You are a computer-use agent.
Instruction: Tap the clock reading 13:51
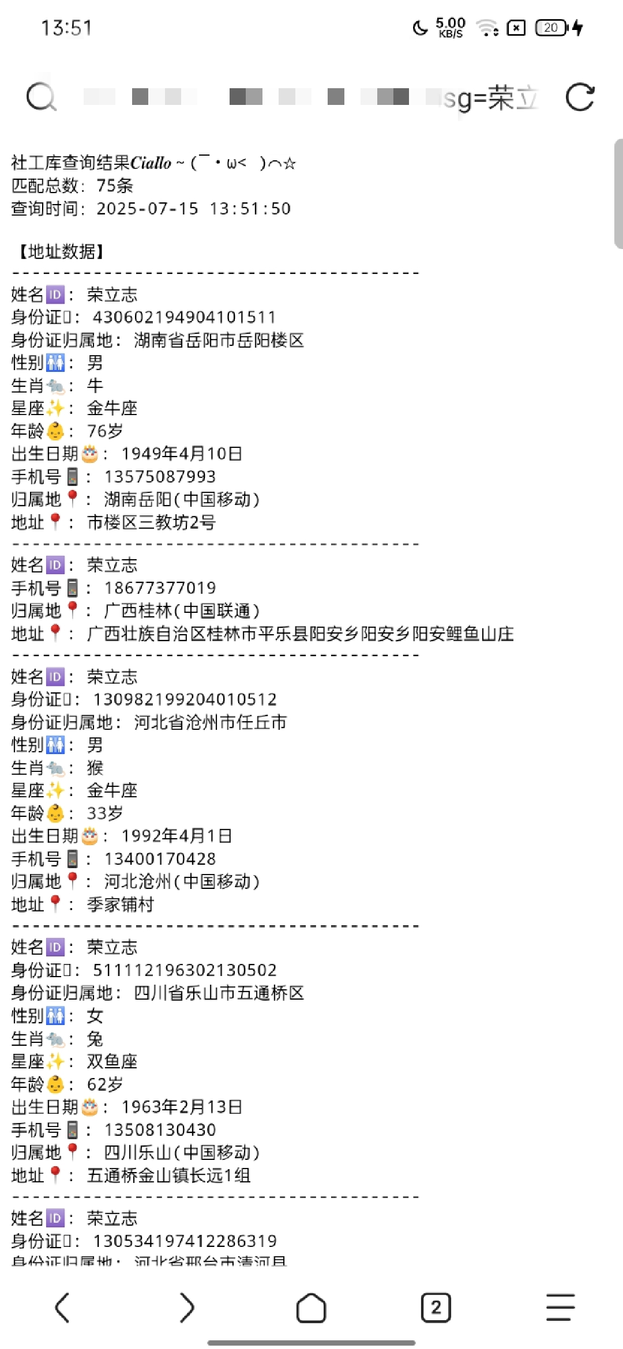click(x=66, y=28)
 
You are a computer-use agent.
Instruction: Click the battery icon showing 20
click(x=551, y=28)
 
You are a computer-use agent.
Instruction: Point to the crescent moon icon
click(x=420, y=28)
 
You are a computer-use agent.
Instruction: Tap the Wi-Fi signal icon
click(x=487, y=28)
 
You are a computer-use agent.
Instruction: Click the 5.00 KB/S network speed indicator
click(x=451, y=28)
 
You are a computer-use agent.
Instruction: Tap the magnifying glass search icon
click(x=41, y=97)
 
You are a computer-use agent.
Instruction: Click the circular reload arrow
click(x=580, y=97)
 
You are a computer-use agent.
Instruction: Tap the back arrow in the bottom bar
click(x=62, y=1307)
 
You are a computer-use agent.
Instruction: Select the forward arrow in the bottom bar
click(x=187, y=1307)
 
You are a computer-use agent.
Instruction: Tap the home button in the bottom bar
click(x=311, y=1307)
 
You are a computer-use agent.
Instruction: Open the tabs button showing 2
click(x=436, y=1307)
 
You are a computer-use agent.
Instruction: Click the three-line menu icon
click(x=561, y=1307)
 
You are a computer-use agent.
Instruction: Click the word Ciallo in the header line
click(x=151, y=163)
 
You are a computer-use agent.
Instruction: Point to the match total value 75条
click(x=115, y=186)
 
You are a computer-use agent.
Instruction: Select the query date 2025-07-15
click(x=147, y=209)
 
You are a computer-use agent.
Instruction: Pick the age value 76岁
click(x=105, y=431)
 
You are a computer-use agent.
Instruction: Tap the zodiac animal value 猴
click(x=95, y=768)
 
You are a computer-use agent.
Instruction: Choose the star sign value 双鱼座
click(x=112, y=1061)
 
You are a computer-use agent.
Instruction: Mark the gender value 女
click(x=95, y=1016)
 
